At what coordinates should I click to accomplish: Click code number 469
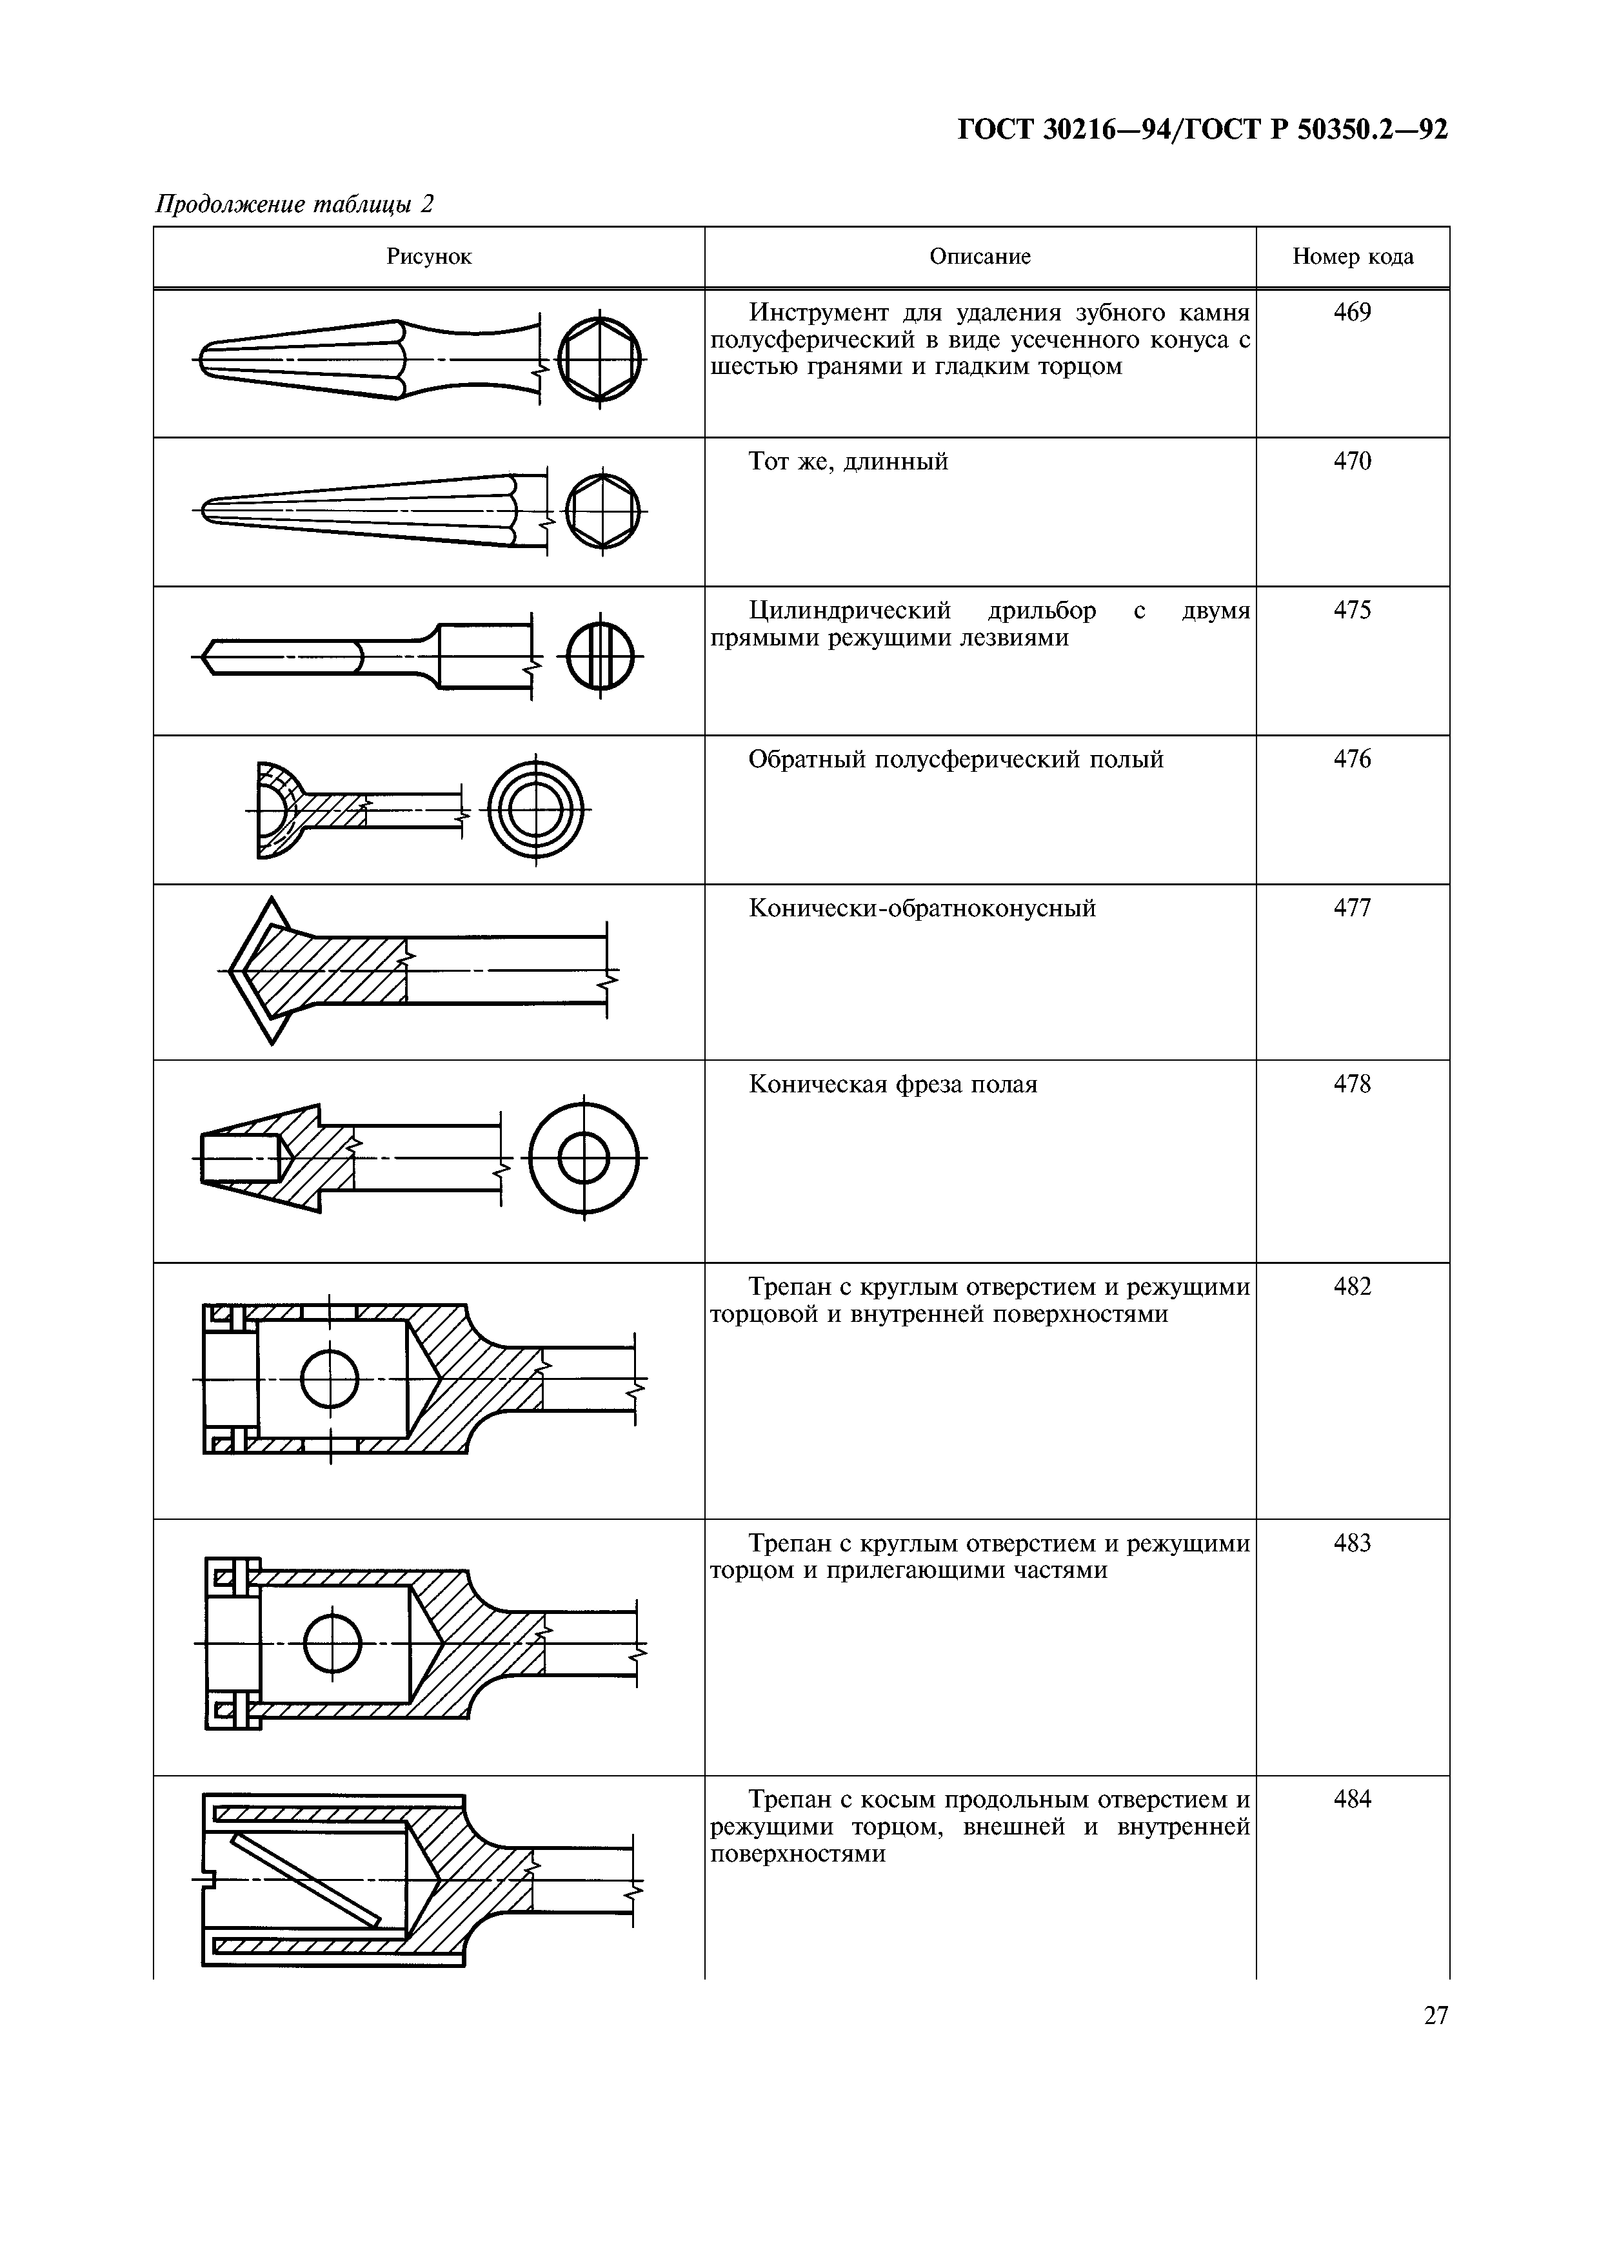coord(1352,313)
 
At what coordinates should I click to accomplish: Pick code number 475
coord(1352,611)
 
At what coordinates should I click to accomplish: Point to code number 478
coord(1352,1085)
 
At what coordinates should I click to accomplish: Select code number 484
coord(1352,1800)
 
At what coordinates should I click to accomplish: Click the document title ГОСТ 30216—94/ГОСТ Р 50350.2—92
coord(1202,130)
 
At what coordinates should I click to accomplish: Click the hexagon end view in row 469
coord(599,359)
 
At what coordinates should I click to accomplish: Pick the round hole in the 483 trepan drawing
coord(333,1643)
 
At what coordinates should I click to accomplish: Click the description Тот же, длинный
coord(848,462)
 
